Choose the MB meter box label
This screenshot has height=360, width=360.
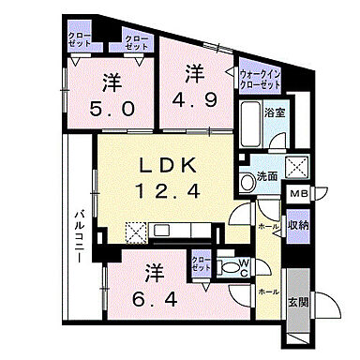[297, 194]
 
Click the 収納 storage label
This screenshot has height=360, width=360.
[297, 224]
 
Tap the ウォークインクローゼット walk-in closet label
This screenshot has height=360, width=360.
[260, 79]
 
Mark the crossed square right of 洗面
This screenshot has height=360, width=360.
[297, 167]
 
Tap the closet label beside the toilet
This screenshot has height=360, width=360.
[199, 263]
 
